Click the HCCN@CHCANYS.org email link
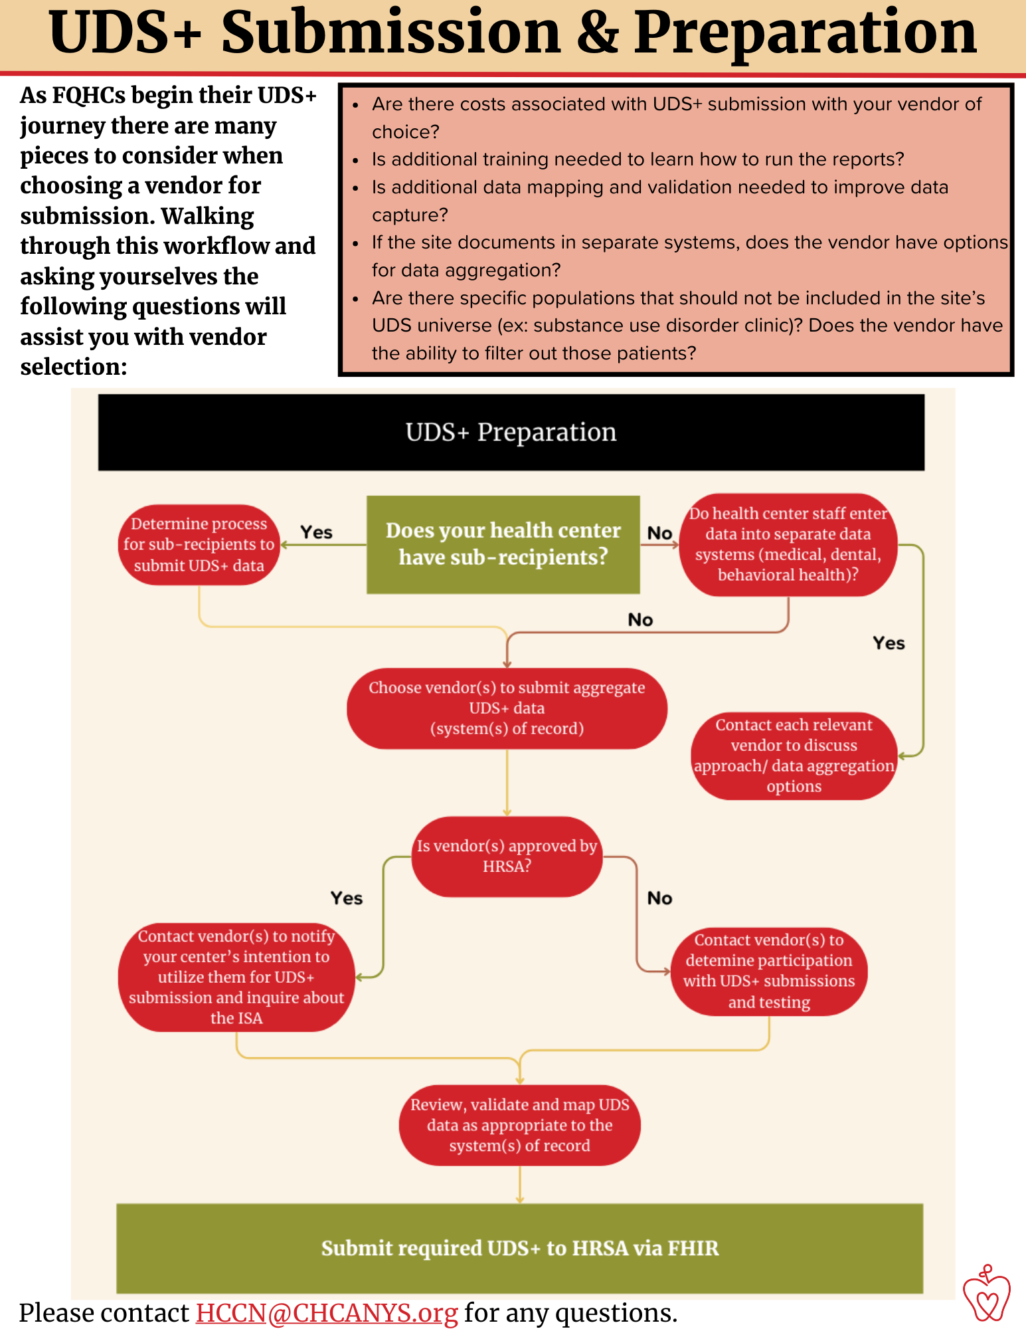[327, 1313]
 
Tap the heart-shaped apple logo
[986, 1292]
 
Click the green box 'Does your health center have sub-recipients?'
[503, 544]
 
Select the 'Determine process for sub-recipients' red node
[199, 545]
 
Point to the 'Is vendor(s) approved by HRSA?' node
[507, 857]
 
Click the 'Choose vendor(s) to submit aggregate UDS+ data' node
[507, 708]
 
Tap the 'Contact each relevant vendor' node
[794, 756]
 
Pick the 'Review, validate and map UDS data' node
[519, 1125]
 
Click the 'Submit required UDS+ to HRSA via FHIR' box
[519, 1248]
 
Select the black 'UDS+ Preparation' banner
[511, 432]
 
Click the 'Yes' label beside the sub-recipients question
[316, 532]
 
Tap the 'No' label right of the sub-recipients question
[659, 533]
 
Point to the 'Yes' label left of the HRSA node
[347, 898]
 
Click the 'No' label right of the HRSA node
[659, 898]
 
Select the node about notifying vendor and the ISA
[236, 977]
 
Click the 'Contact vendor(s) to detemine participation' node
[769, 971]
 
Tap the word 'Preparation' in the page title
[805, 33]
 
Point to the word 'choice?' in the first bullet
[406, 132]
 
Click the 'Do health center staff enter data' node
[788, 544]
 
